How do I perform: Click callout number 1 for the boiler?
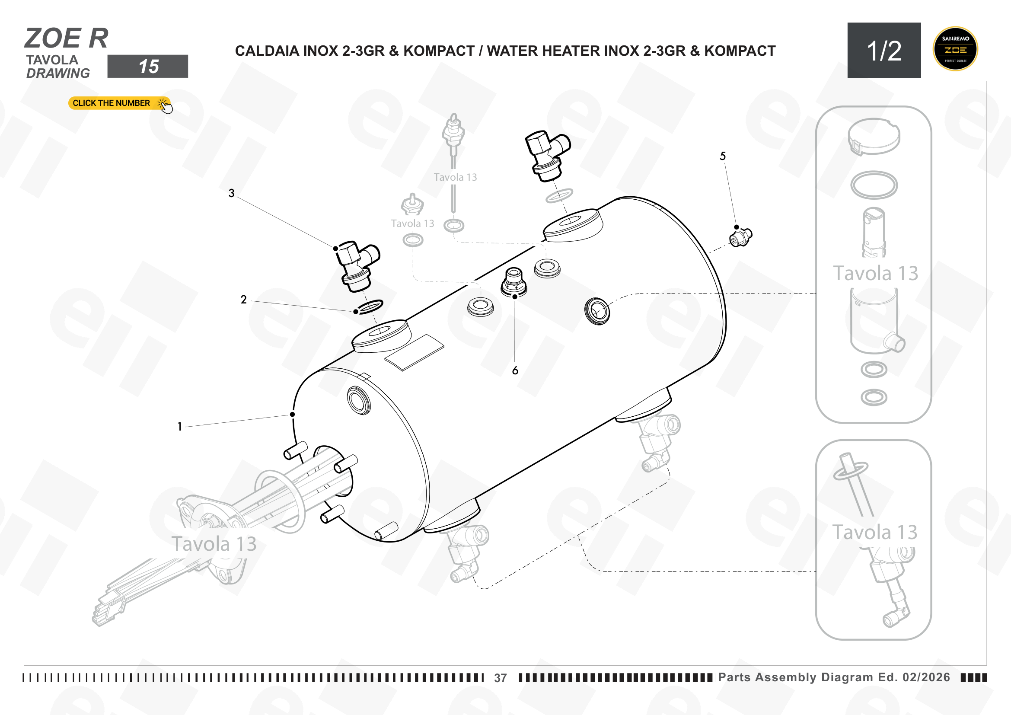[180, 427]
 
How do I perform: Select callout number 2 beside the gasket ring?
[243, 300]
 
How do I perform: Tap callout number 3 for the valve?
[232, 193]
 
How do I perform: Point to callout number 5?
[723, 156]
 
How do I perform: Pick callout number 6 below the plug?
[515, 371]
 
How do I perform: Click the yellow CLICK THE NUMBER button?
[119, 103]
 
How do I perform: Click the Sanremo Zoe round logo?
[955, 49]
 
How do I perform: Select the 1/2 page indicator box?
[884, 50]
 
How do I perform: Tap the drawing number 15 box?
[147, 67]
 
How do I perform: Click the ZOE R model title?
[67, 38]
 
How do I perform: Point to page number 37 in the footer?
[500, 678]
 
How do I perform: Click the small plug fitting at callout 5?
[741, 237]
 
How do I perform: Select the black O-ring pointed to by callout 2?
[370, 306]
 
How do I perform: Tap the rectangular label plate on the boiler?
[415, 353]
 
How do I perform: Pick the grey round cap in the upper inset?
[874, 137]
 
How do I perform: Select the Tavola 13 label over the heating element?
[214, 544]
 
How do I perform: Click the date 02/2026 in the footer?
[926, 677]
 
